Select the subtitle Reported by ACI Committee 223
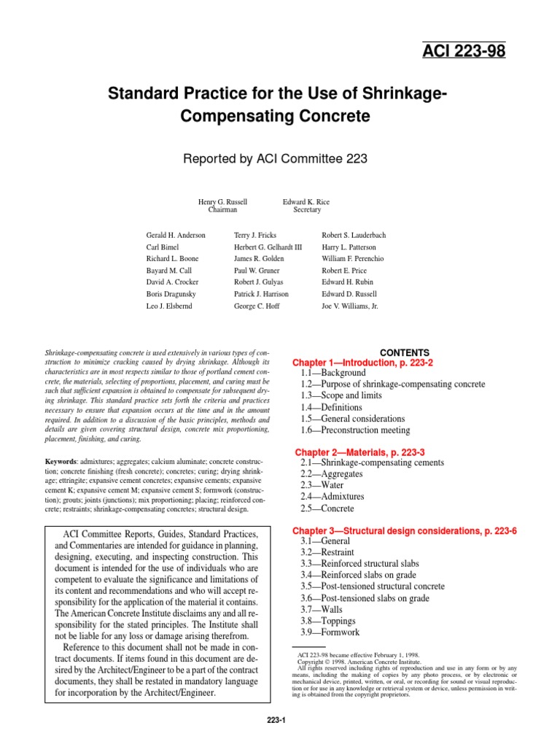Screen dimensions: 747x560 [x=279, y=158]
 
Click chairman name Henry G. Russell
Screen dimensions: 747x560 [x=222, y=201]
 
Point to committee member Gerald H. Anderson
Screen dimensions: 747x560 [x=176, y=236]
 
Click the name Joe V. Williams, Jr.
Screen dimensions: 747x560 [x=350, y=306]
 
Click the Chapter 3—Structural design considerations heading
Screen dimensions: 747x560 [x=405, y=531]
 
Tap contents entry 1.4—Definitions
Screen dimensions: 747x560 [x=332, y=407]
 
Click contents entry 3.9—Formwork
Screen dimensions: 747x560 [x=330, y=632]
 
